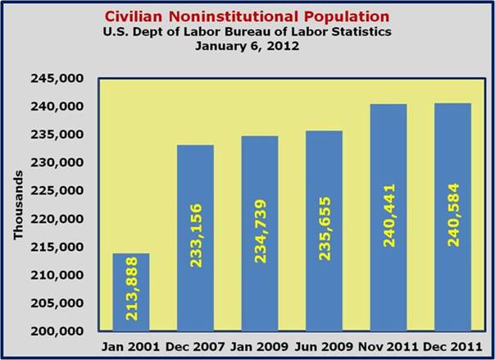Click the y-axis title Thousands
tap(17, 206)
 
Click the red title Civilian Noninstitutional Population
tap(247, 16)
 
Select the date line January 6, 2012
tap(247, 45)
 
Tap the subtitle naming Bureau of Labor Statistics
tap(247, 31)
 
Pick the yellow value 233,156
tap(195, 238)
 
